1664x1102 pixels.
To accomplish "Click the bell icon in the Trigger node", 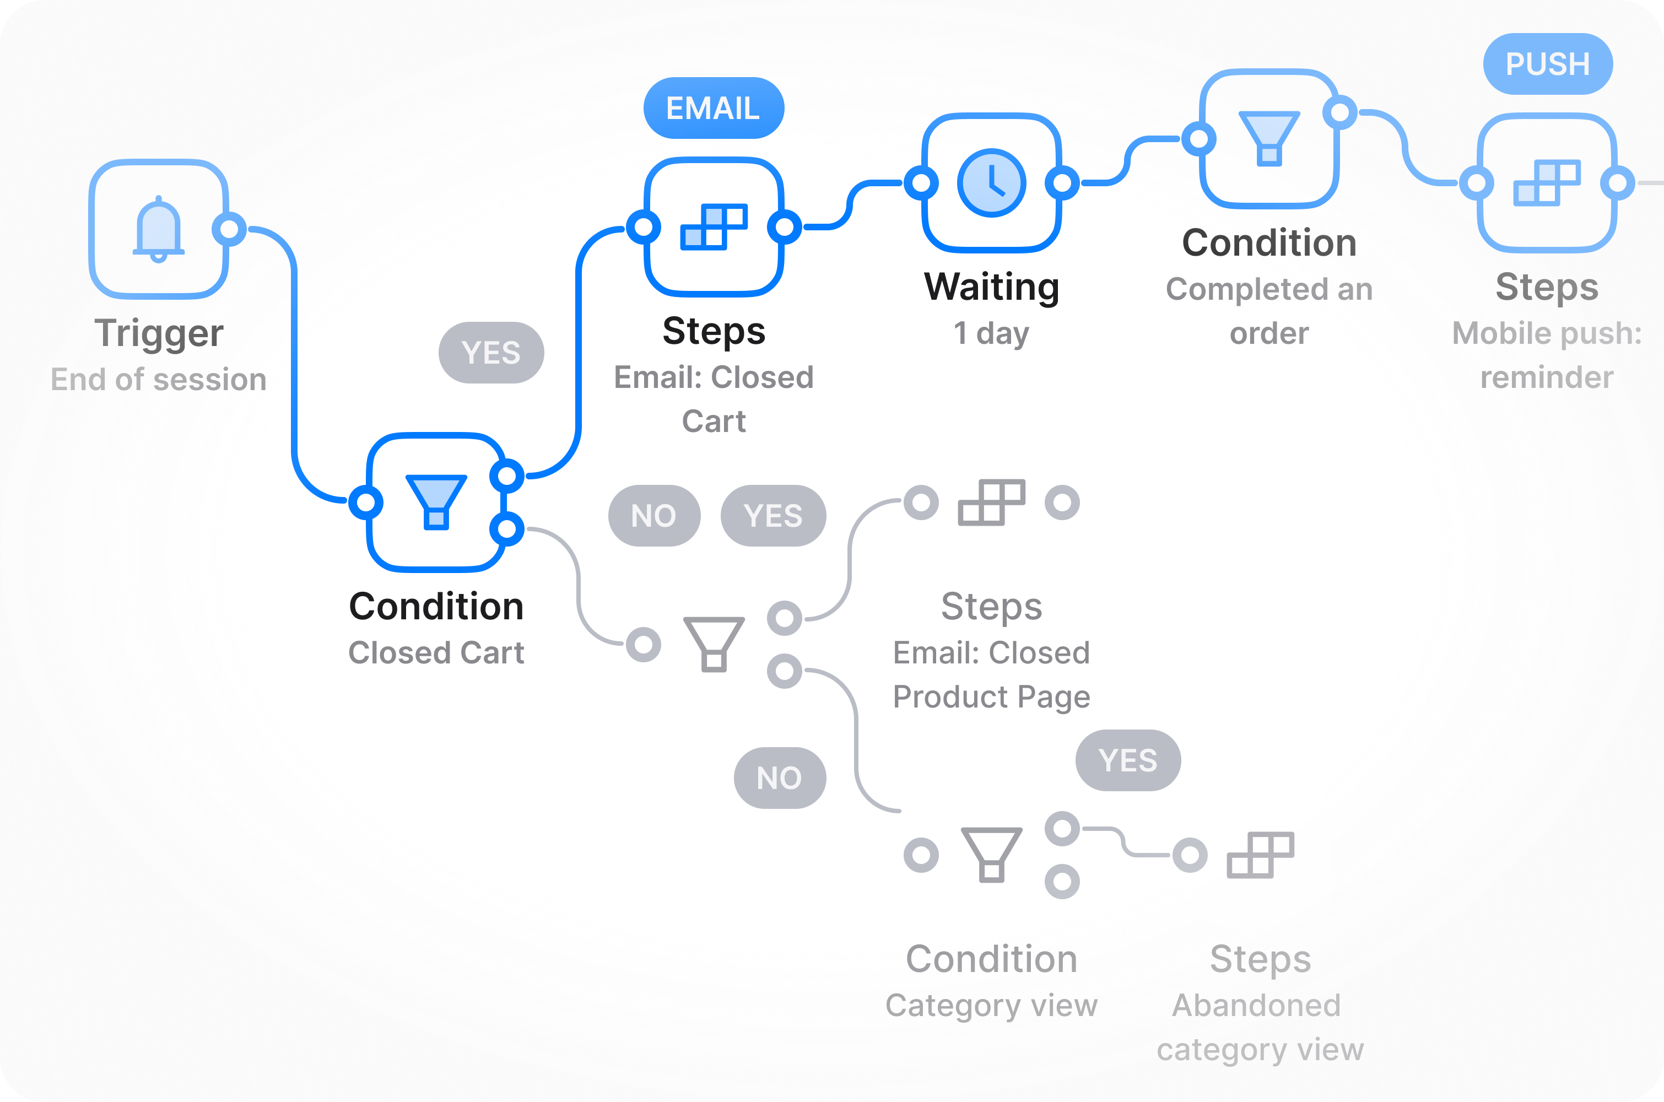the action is pyautogui.click(x=159, y=229).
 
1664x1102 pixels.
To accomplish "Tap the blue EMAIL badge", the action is pyautogui.click(x=713, y=108).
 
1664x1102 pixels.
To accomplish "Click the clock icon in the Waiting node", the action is pyautogui.click(x=992, y=183).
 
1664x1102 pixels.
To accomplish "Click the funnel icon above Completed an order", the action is pyautogui.click(x=1269, y=138).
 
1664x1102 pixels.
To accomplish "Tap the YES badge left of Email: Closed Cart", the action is pyautogui.click(x=491, y=353).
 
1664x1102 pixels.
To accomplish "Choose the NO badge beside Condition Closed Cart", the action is pyautogui.click(x=654, y=516).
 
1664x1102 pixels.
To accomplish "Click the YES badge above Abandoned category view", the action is pyautogui.click(x=1128, y=760).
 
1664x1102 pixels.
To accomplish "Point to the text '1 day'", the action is pyautogui.click(x=992, y=333).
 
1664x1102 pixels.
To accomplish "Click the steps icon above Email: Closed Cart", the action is pyautogui.click(x=714, y=227).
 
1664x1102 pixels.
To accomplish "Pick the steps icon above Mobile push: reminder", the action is pyautogui.click(x=1547, y=183).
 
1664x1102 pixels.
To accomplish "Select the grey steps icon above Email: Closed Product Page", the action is pyautogui.click(x=992, y=502).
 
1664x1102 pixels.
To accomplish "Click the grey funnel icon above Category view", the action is pyautogui.click(x=992, y=855).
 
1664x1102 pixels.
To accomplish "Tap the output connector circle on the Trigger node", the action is pyautogui.click(x=229, y=229).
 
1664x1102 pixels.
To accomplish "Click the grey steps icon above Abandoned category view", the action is pyautogui.click(x=1261, y=855).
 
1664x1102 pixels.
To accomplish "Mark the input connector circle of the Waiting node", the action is pyautogui.click(x=921, y=183).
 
